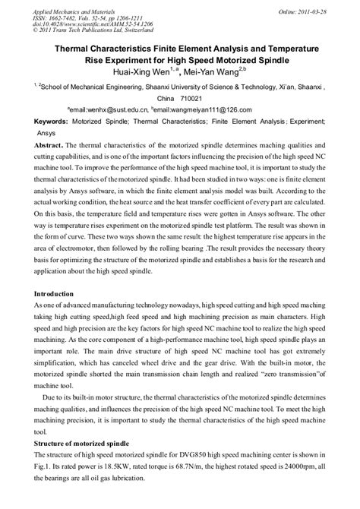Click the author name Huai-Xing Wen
point(143,73)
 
